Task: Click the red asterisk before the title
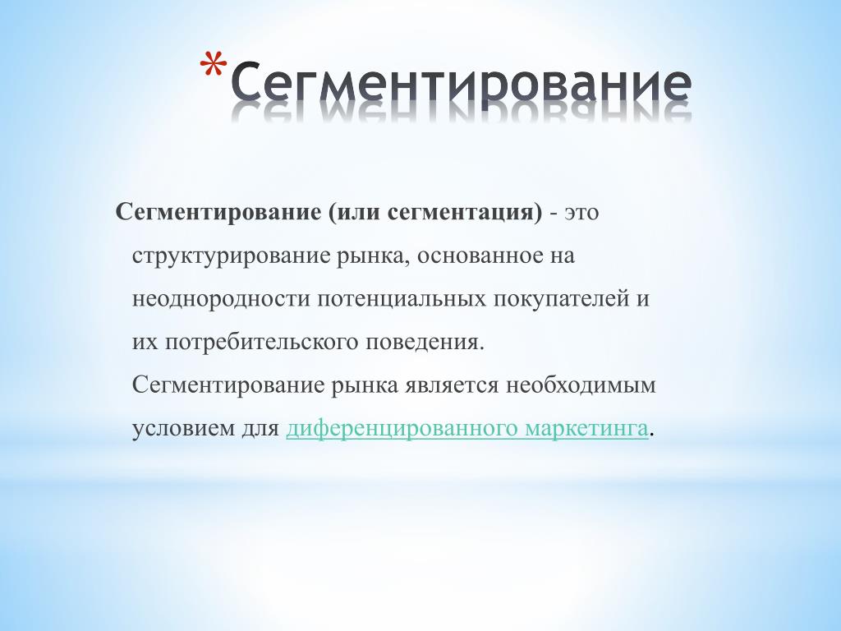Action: click(213, 65)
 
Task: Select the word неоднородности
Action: click(220, 299)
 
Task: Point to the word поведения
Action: click(425, 343)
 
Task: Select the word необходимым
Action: click(581, 385)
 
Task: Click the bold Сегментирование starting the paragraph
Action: click(218, 213)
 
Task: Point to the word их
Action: click(145, 343)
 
